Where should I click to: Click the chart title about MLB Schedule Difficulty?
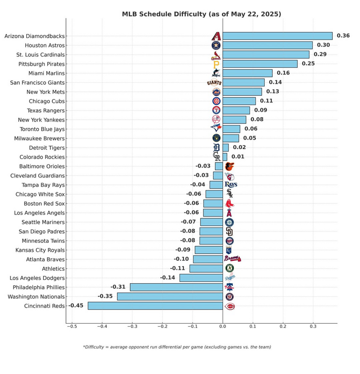[201, 14]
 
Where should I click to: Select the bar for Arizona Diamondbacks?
[277, 36]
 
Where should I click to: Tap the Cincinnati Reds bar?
[155, 306]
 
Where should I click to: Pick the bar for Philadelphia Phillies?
[176, 287]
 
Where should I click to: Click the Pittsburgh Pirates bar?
[260, 64]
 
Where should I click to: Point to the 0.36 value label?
[343, 36]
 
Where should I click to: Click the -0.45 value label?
[76, 306]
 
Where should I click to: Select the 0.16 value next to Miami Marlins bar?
[283, 73]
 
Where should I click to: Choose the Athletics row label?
[53, 269]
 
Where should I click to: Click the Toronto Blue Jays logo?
[216, 129]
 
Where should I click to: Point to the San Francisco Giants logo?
[214, 83]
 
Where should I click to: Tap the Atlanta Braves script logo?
[232, 259]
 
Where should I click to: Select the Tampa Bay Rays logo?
[230, 185]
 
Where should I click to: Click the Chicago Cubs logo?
[216, 101]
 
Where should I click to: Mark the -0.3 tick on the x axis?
[132, 327]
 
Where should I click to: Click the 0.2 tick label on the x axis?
[283, 327]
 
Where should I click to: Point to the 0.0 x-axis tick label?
[222, 327]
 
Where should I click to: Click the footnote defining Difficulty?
[177, 347]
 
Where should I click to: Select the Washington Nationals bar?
[170, 297]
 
